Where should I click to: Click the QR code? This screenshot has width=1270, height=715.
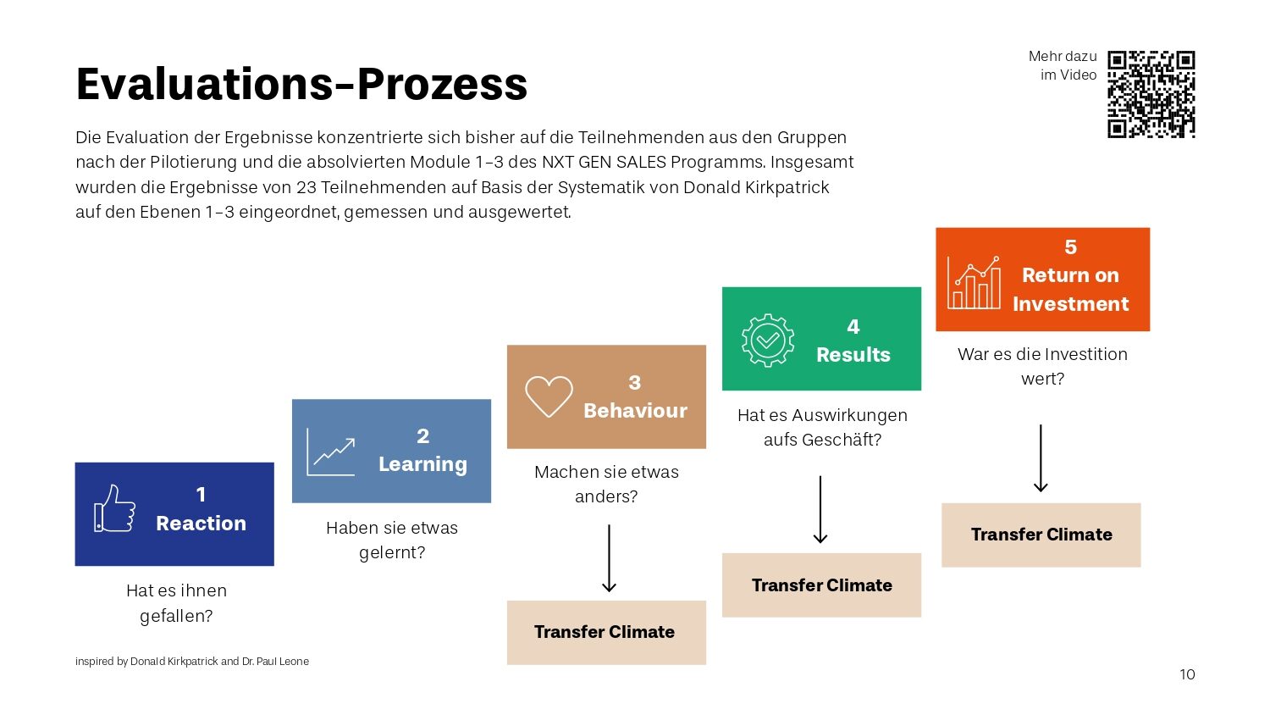pos(1151,94)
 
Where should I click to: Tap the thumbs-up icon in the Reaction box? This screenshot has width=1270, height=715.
pos(114,508)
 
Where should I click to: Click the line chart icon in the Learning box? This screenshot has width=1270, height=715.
pos(331,452)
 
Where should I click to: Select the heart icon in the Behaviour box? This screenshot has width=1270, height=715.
pos(549,396)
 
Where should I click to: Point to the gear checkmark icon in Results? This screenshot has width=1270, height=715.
pos(767,340)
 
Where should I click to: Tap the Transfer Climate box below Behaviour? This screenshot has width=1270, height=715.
pos(606,632)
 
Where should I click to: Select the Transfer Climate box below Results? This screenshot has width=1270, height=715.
pos(821,585)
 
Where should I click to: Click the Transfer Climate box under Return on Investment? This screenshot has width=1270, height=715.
pos(1041,535)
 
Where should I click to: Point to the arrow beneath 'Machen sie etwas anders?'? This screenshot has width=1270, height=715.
pos(609,558)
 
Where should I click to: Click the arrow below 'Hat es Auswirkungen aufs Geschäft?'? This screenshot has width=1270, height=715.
pos(820,509)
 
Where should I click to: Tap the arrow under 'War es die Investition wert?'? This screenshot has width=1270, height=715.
pos(1041,458)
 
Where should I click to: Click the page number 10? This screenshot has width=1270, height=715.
pos(1187,674)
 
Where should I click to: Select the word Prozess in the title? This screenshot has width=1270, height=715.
pos(442,85)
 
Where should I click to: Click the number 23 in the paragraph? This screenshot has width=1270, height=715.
pos(306,187)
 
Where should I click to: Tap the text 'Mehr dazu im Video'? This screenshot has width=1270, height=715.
pos(1063,65)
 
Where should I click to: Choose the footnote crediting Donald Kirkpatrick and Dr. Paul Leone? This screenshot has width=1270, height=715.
pos(192,662)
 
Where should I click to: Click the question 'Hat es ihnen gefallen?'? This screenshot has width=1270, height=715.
pos(176,602)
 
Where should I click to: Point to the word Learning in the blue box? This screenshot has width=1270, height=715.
pos(422,464)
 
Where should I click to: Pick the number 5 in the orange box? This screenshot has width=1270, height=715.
pos(1070,247)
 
